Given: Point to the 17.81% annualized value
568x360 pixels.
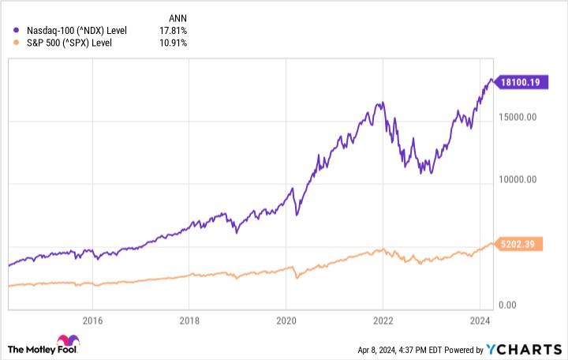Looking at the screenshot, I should pyautogui.click(x=174, y=30).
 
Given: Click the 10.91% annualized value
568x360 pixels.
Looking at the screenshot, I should pyautogui.click(x=174, y=42).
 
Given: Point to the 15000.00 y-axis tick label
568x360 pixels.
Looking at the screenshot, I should pyautogui.click(x=519, y=118).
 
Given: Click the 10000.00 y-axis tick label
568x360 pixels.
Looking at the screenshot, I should pyautogui.click(x=519, y=179).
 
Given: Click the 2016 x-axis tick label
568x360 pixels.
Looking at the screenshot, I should pyautogui.click(x=93, y=321).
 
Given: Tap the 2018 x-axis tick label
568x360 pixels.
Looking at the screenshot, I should pyautogui.click(x=189, y=321).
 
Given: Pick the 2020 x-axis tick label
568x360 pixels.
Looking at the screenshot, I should pyautogui.click(x=286, y=321).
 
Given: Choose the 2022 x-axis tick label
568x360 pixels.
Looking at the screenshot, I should pyautogui.click(x=383, y=321).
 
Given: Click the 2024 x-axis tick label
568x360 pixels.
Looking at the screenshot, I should pyautogui.click(x=479, y=321).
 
